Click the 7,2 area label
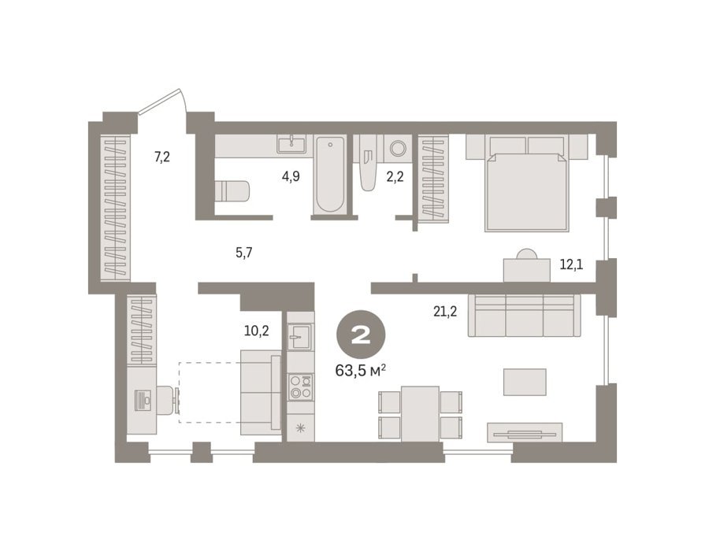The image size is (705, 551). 161,157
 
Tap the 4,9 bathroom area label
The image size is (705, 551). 291,176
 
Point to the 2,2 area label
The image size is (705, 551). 395,176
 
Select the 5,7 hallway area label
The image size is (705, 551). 243,253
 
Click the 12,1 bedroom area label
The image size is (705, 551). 571,264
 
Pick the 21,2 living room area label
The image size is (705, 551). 445,312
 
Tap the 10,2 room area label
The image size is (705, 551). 256,331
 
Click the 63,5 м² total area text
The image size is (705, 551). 361,371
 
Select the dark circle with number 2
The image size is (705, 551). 361,336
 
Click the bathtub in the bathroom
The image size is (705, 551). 331,175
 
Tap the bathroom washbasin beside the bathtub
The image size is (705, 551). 291,145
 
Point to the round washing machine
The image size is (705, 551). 398,147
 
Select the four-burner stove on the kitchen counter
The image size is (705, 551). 301,386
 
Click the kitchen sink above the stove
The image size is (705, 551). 300,336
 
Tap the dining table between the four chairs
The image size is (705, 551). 420,413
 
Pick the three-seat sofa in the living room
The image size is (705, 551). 525,315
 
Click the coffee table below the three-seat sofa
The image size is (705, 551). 525,382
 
